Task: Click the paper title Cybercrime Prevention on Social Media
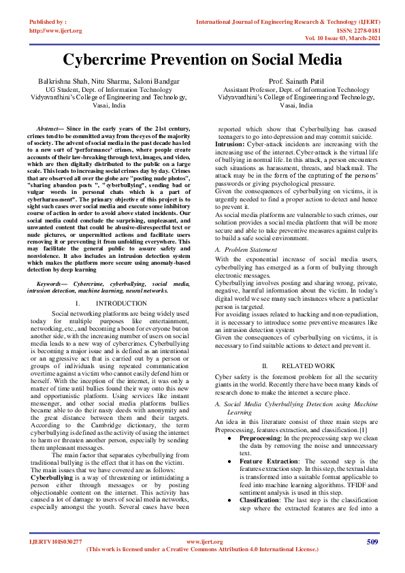click(x=202, y=59)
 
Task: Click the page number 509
click(x=372, y=560)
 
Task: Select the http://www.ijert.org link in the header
click(x=56, y=31)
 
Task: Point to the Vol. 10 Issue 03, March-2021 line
click(x=342, y=39)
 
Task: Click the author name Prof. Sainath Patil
click(x=297, y=81)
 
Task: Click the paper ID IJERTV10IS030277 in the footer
click(x=56, y=560)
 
